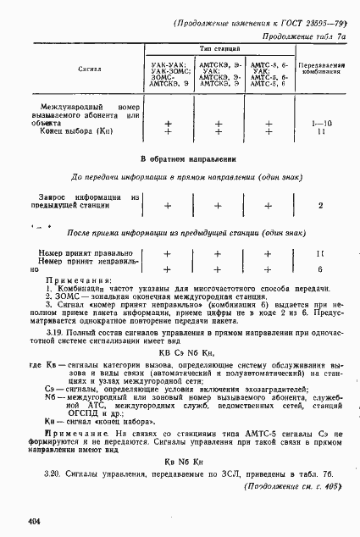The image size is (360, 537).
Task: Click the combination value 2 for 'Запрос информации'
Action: pos(320,205)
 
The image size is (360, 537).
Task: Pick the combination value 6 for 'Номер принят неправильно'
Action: pos(320,268)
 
